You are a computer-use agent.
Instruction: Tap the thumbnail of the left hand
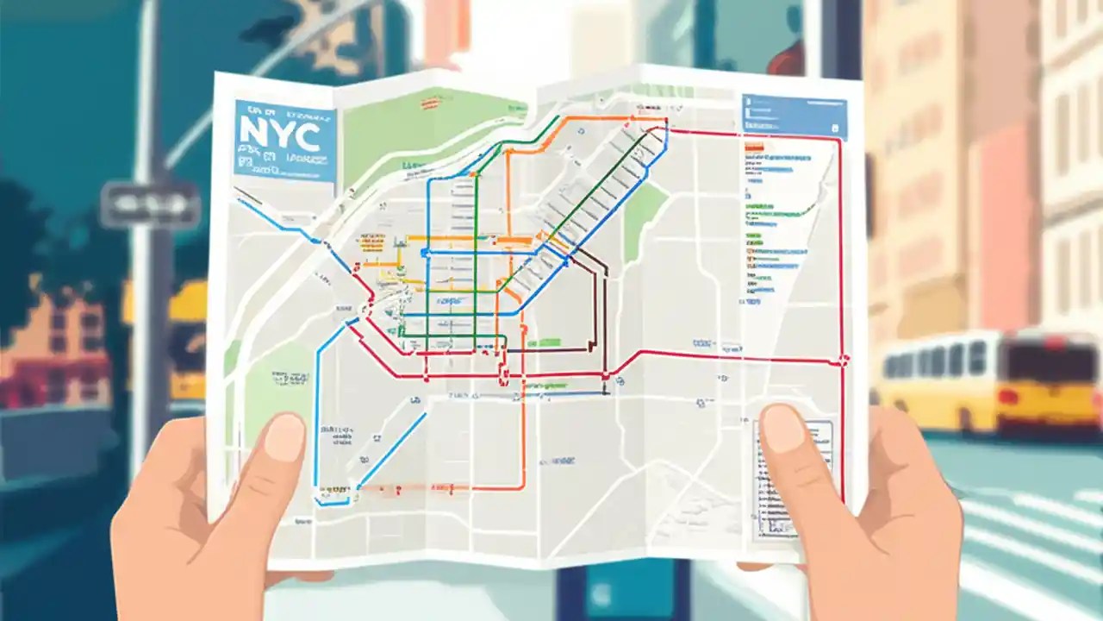(284, 436)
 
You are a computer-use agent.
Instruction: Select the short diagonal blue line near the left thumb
(392, 448)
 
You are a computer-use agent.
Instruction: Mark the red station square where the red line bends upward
(606, 375)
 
